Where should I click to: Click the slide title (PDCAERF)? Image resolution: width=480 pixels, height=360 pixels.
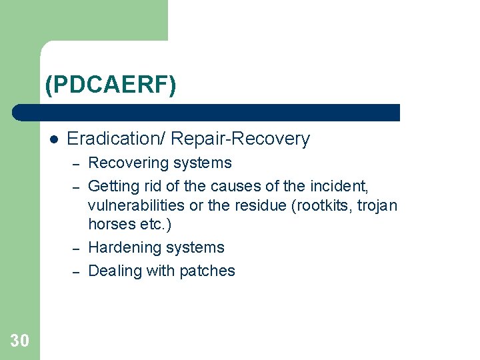[x=111, y=85]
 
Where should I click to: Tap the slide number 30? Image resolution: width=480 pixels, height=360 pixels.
[x=19, y=341]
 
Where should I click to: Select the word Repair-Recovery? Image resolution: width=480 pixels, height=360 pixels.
[x=241, y=139]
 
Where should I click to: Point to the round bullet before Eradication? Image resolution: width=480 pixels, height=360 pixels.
[x=54, y=139]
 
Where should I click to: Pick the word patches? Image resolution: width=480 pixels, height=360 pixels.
[x=212, y=271]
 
